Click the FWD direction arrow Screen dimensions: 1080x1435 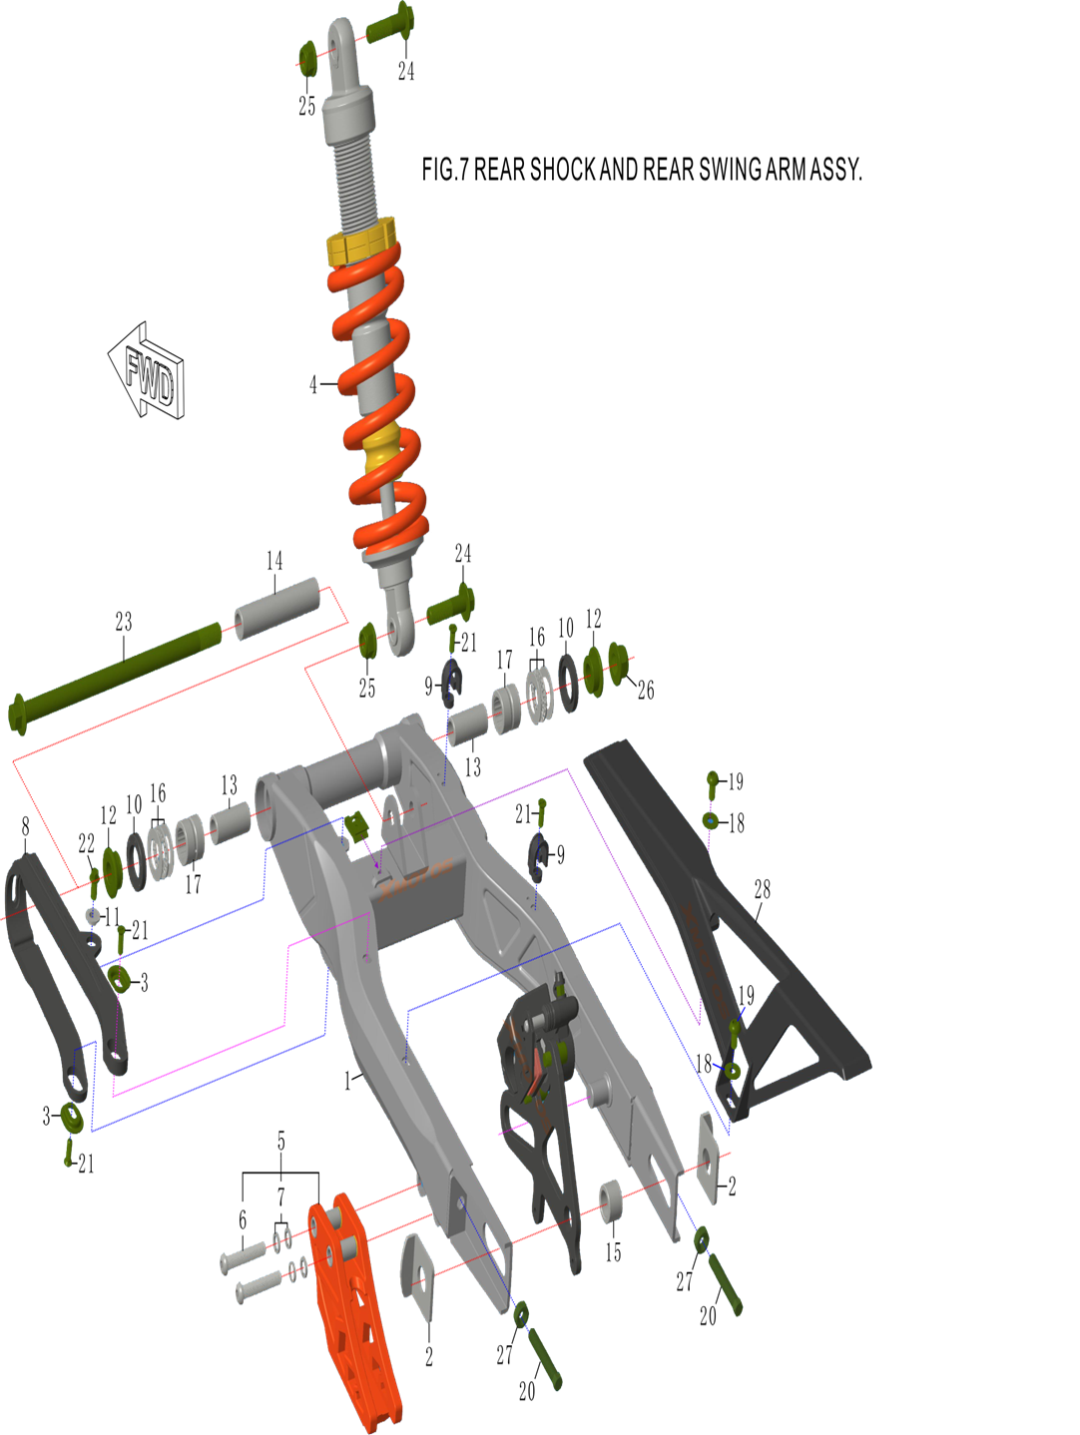pos(147,370)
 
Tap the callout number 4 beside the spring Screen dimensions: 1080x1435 pos(313,385)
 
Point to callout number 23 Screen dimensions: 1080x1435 pos(124,622)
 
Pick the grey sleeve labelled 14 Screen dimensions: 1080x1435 pos(277,609)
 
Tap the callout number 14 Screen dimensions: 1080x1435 pos(274,560)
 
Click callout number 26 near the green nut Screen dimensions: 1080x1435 pos(646,690)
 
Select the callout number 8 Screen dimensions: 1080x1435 pos(26,827)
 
